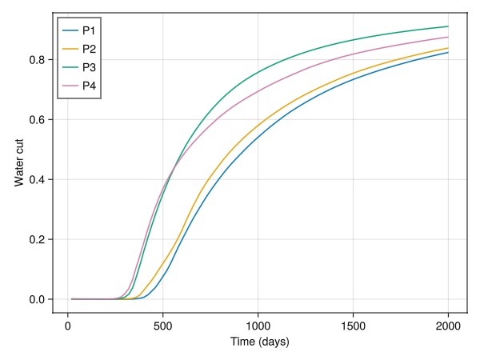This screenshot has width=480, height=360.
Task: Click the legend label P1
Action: pos(90,30)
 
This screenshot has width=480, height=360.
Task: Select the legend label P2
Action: pos(90,48)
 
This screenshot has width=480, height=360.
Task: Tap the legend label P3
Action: pos(90,66)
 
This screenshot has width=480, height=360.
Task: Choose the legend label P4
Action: pos(90,84)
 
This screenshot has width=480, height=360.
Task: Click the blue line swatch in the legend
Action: pos(70,30)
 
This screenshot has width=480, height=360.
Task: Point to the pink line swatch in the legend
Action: pos(70,84)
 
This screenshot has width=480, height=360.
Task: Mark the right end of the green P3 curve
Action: pos(448,26)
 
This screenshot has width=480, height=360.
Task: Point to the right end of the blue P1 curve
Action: pos(448,52)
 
